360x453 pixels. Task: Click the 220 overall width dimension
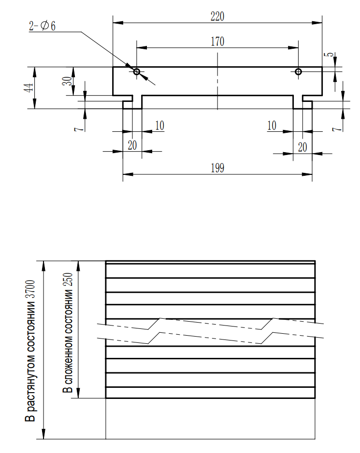(217, 16)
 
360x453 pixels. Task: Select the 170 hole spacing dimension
(217, 42)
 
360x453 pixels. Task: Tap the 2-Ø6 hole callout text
(42, 26)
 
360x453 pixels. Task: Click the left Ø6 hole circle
(137, 71)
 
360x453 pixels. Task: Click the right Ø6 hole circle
(299, 71)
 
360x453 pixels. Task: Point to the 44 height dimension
(29, 87)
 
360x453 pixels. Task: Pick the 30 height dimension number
(67, 81)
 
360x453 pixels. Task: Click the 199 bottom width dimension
(217, 168)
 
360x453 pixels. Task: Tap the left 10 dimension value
(159, 126)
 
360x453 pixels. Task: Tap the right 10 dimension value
(272, 126)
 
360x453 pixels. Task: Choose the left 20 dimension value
(132, 145)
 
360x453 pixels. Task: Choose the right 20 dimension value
(302, 147)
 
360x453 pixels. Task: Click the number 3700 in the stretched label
(30, 289)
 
